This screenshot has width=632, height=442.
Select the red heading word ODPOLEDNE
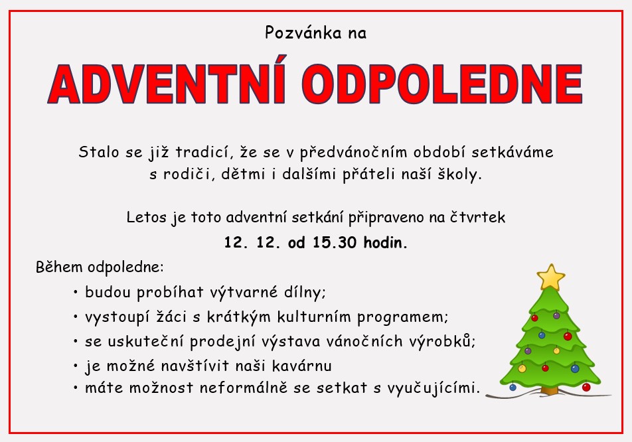pos(442,84)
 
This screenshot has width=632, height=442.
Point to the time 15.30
pos(334,242)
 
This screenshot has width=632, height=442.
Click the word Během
pos(59,267)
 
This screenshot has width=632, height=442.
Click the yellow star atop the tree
pos(550,277)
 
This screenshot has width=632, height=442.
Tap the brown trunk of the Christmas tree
pos(550,390)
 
